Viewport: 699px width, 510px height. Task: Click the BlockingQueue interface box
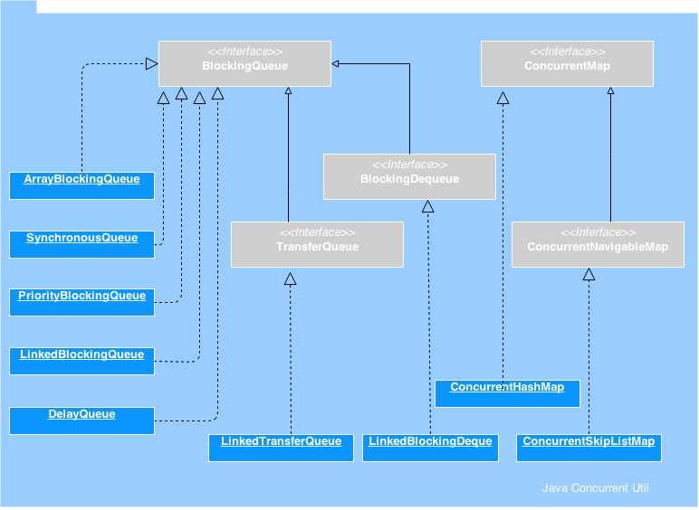tap(244, 64)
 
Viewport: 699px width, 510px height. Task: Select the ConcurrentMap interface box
tap(567, 64)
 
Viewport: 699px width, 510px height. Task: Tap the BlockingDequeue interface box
tap(409, 177)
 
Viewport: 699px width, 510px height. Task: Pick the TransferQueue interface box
tap(317, 245)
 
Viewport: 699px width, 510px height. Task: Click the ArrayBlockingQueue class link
tap(81, 180)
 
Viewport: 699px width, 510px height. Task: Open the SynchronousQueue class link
tap(81, 239)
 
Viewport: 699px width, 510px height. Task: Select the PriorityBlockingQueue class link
tap(81, 297)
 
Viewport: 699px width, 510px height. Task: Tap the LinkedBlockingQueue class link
tap(81, 355)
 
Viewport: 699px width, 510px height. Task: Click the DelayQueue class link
tap(81, 415)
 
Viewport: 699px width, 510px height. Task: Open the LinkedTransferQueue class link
tap(281, 442)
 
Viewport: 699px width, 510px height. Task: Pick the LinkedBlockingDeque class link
tap(430, 442)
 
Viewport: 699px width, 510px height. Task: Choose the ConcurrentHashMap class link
tap(507, 388)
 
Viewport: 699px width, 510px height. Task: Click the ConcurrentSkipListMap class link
tap(589, 442)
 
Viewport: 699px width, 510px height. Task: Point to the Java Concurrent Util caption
tap(595, 488)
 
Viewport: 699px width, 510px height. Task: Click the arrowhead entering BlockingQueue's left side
tap(152, 63)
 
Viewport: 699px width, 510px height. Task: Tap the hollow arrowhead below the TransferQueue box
tap(291, 279)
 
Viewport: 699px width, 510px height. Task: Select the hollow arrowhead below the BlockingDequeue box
tap(428, 206)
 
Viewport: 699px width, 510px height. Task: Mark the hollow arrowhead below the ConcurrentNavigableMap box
tap(589, 274)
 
